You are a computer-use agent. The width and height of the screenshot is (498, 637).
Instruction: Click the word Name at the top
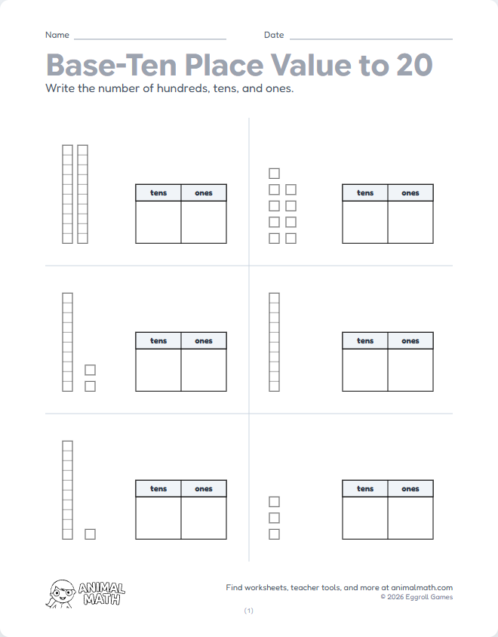point(57,35)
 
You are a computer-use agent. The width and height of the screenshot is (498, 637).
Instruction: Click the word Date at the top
point(274,35)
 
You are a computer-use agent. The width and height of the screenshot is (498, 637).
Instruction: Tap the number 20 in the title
point(412,65)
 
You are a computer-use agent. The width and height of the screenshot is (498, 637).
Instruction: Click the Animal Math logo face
point(62,592)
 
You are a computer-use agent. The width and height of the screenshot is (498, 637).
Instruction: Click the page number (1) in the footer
point(249,611)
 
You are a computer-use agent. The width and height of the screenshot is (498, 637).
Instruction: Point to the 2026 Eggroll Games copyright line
point(417,597)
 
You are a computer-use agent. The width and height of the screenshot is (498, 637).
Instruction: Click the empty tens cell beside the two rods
point(158,222)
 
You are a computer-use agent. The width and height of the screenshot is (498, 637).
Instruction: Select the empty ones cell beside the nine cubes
point(410,222)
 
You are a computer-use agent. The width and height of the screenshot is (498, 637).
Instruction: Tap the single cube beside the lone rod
point(90,534)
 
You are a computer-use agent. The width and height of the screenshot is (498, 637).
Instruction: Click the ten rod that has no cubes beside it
point(274,342)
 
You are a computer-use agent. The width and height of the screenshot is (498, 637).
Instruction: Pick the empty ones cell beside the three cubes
point(410,518)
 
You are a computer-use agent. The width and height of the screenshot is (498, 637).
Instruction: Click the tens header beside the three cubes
point(365,488)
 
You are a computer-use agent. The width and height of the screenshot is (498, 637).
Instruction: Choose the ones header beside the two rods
point(204,192)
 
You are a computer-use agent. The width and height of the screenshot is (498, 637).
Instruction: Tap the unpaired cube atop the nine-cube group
point(274,174)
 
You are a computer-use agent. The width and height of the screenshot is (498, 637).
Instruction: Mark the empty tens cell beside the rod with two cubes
point(158,370)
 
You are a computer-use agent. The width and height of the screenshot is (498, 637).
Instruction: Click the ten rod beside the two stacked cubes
point(67,342)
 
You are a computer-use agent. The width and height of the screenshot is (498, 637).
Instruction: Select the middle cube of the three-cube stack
point(274,518)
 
